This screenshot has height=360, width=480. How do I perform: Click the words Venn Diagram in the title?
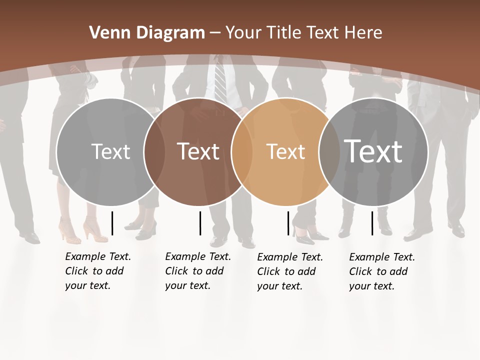[x=147, y=33]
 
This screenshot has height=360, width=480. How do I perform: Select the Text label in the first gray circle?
[x=110, y=151]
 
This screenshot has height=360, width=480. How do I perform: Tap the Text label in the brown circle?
[x=198, y=151]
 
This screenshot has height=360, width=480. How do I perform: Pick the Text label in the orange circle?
[x=285, y=151]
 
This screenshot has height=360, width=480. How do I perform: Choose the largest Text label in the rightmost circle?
[x=373, y=151]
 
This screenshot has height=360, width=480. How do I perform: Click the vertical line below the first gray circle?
[x=112, y=223]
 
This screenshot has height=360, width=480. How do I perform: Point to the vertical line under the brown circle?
[x=200, y=223]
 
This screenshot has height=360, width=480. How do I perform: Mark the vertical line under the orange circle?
[x=288, y=223]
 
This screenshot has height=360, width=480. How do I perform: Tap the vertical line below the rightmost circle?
[x=372, y=223]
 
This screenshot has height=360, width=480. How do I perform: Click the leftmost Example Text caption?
[x=98, y=271]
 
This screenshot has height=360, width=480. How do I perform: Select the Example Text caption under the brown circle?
[x=198, y=271]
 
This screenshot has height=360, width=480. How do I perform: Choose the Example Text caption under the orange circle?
[x=290, y=271]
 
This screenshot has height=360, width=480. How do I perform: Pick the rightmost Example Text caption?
[x=382, y=271]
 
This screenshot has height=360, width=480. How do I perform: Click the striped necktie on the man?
[x=220, y=80]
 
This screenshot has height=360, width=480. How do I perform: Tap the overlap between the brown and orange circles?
[x=237, y=151]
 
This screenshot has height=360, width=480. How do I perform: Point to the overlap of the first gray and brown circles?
[x=154, y=151]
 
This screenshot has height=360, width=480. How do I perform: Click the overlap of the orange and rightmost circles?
[x=325, y=151]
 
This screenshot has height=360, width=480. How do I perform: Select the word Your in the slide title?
[x=243, y=33]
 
